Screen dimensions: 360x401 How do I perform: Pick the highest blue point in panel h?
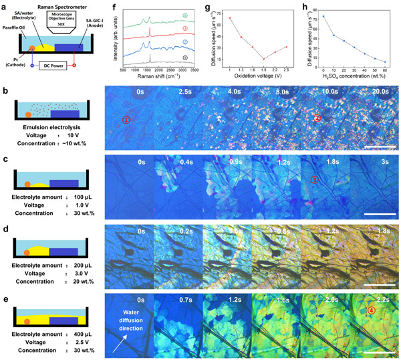point(323,16)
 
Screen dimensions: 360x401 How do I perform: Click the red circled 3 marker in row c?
point(315,179)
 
